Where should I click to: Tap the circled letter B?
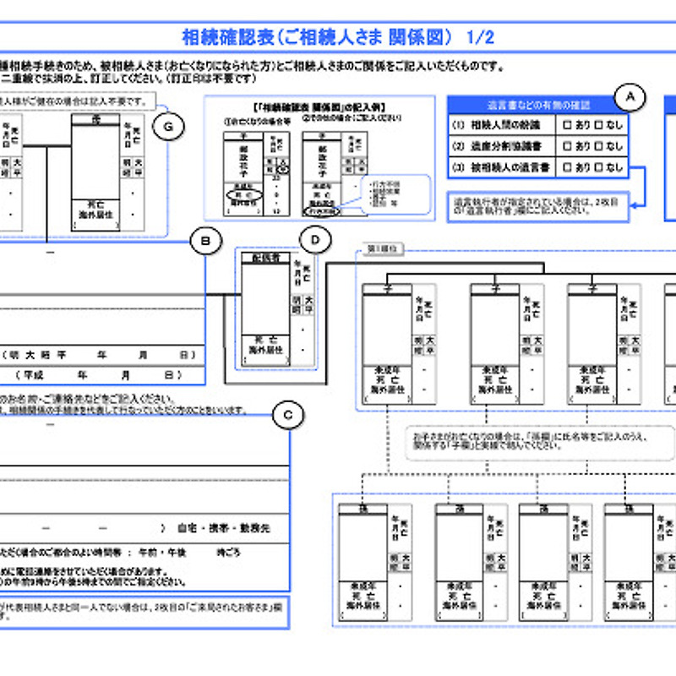click(x=205, y=242)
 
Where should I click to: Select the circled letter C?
click(x=288, y=414)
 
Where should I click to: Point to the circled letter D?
click(x=315, y=242)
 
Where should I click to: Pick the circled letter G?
click(x=169, y=126)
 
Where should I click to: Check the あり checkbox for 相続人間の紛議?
click(x=568, y=125)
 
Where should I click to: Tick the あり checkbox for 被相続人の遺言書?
click(x=568, y=167)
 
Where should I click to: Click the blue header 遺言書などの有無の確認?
click(x=538, y=106)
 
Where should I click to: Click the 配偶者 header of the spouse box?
click(x=265, y=257)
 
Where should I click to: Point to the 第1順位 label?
click(x=384, y=249)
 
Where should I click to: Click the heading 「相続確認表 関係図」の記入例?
click(x=319, y=107)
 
